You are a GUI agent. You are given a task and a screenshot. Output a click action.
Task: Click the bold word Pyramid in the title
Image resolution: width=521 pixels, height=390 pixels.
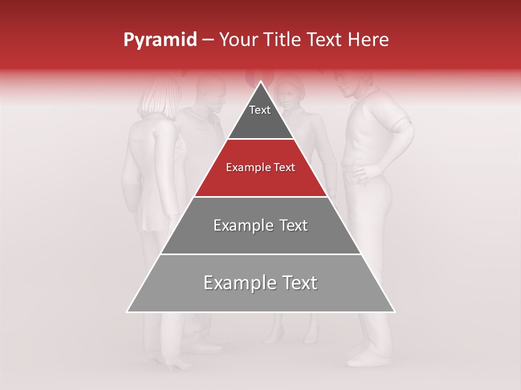click(160, 40)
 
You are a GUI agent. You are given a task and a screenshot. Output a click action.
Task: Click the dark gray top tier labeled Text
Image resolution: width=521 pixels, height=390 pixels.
click(260, 116)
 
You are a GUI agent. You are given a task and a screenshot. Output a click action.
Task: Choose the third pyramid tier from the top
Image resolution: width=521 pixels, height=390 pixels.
click(260, 225)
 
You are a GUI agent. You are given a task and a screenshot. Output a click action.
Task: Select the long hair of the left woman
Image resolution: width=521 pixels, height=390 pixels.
click(157, 100)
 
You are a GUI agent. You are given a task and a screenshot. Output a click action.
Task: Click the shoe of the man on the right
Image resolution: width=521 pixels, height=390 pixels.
click(364, 358)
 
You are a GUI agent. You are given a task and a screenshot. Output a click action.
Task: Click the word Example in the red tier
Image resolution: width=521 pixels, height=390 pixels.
click(242, 168)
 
